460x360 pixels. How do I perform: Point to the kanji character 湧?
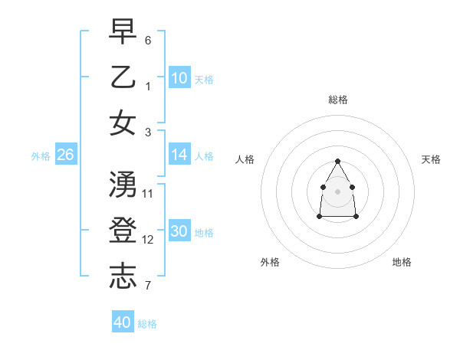click(x=123, y=185)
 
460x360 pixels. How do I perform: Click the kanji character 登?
click(x=123, y=231)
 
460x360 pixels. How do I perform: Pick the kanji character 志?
click(x=123, y=277)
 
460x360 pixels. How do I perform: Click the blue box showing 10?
click(x=179, y=77)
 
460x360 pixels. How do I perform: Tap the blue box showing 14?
click(x=179, y=155)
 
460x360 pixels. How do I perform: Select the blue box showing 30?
click(x=179, y=232)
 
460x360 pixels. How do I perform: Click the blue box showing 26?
click(x=65, y=155)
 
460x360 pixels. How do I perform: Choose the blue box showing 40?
click(x=123, y=322)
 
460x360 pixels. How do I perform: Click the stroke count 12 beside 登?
click(x=148, y=240)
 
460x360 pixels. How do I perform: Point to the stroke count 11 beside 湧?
click(x=148, y=193)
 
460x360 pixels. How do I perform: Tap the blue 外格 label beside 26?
click(x=41, y=156)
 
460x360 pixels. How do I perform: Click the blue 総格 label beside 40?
click(x=147, y=324)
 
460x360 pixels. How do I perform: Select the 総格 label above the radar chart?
click(x=337, y=100)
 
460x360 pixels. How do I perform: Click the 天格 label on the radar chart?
click(x=431, y=159)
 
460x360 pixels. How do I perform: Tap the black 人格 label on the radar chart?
click(x=245, y=159)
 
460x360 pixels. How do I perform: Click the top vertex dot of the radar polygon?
click(x=337, y=161)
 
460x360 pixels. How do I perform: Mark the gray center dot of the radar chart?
click(x=337, y=190)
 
